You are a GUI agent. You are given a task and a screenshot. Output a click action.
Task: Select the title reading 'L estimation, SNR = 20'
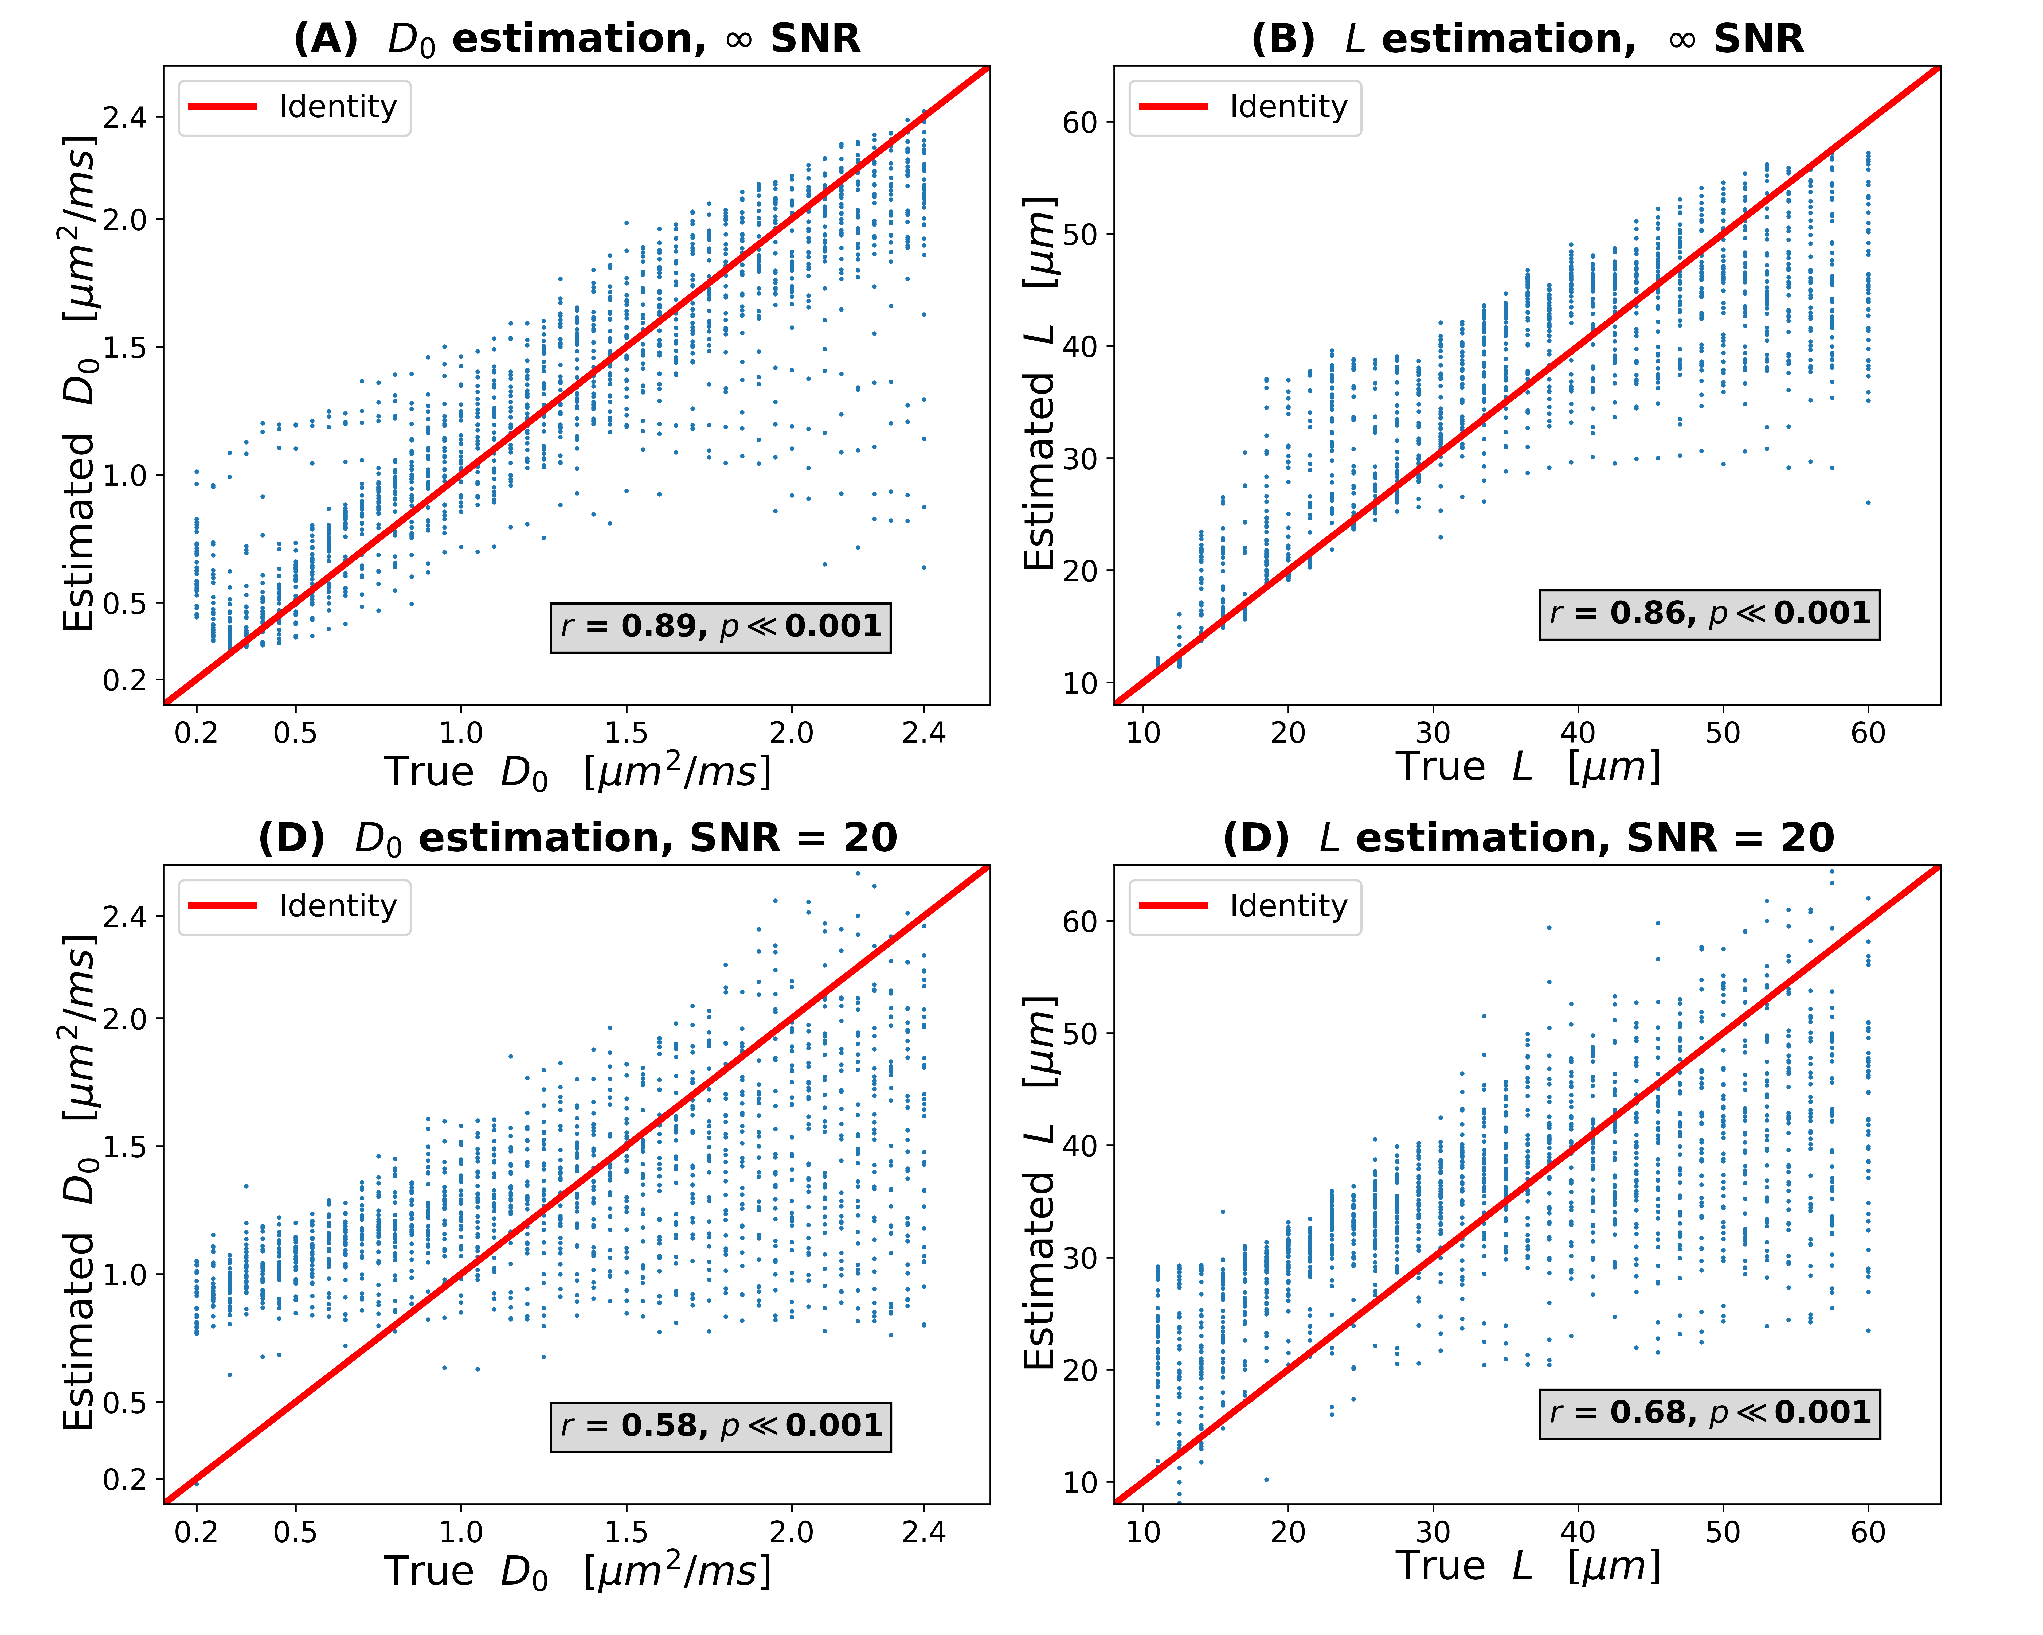pos(1528,838)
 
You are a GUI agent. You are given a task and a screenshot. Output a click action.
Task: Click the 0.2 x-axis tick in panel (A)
pos(196,733)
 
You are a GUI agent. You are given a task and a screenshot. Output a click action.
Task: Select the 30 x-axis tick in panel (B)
pos(1433,733)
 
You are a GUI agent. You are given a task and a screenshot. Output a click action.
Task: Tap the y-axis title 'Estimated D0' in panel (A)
pos(81,384)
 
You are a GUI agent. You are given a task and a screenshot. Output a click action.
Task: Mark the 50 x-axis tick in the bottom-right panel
pos(1723,1532)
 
